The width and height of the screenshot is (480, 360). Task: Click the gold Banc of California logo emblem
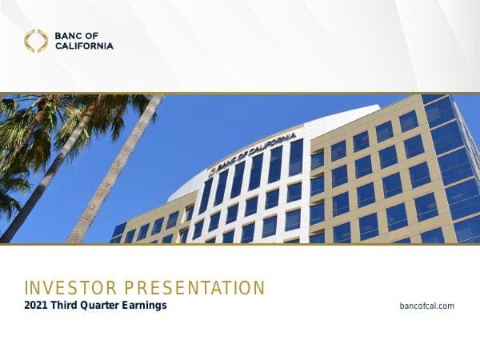35,41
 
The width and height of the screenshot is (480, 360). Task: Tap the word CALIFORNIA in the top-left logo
84,46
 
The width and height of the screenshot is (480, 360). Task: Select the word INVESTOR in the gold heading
65,288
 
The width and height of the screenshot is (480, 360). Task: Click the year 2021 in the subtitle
38,306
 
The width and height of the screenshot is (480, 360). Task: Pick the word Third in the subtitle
69,306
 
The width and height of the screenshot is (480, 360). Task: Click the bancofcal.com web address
426,306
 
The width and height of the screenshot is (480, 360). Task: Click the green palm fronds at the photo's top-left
32,120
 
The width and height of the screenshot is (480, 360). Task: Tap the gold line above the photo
240,93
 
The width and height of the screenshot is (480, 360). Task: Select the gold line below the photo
240,244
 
